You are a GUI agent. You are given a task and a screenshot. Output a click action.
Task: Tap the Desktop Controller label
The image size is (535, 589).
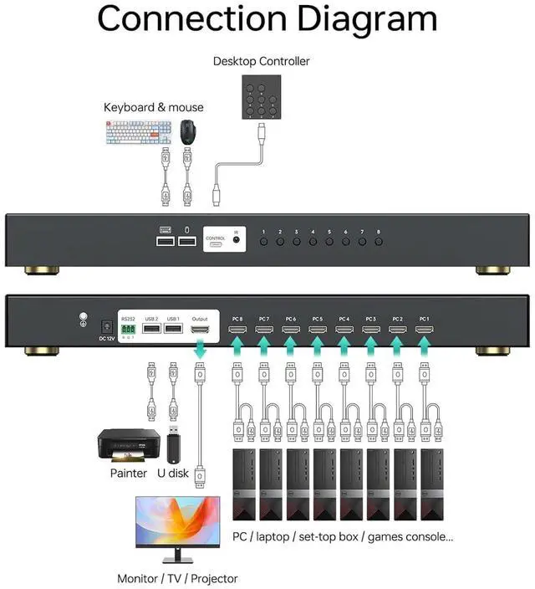(261, 61)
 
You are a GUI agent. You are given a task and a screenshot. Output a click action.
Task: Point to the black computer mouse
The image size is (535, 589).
(189, 131)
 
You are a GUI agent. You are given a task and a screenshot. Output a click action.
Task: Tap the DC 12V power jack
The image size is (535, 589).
(106, 329)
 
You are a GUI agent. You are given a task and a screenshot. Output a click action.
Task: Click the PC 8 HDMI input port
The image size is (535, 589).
(237, 331)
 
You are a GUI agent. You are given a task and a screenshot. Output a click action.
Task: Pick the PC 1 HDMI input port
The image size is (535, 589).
(424, 331)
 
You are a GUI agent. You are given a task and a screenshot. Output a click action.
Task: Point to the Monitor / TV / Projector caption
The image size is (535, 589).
(177, 578)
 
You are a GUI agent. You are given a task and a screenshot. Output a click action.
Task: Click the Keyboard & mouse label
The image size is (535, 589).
(153, 107)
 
